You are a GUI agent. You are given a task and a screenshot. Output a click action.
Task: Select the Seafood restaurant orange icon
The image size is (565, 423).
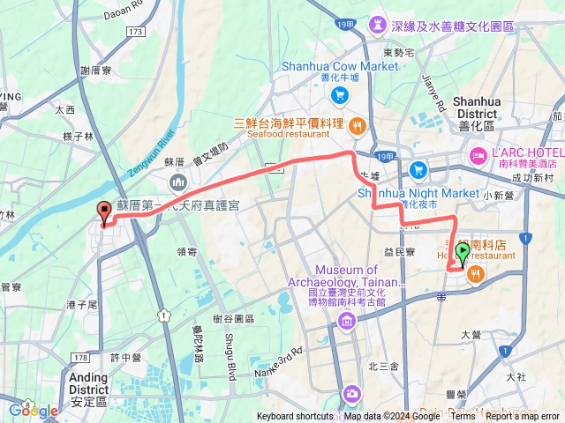358,123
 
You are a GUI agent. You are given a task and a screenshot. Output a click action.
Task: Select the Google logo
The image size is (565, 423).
34,411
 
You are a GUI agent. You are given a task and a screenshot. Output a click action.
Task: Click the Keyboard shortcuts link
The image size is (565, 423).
295,417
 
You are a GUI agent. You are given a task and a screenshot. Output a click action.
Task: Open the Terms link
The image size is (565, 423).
463,417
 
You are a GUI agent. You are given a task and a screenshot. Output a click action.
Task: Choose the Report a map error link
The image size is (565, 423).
523,417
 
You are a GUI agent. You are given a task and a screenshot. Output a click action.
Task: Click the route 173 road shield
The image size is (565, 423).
134,33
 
